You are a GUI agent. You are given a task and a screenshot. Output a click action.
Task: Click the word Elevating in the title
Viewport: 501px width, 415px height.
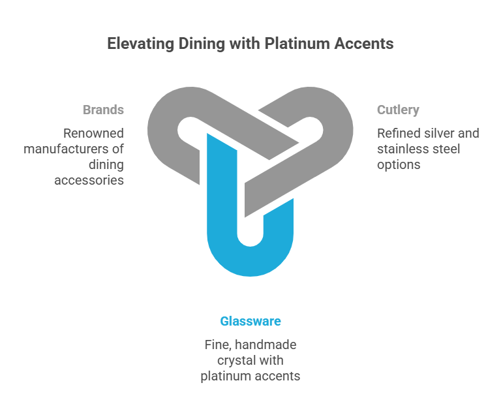(136, 44)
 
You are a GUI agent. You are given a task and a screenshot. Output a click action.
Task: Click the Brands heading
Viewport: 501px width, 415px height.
(103, 110)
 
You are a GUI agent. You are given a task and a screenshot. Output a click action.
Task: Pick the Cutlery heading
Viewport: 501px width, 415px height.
(398, 110)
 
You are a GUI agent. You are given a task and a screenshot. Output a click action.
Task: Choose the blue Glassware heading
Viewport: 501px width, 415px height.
(250, 321)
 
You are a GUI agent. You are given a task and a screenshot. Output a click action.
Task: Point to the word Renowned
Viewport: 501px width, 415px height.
(93, 133)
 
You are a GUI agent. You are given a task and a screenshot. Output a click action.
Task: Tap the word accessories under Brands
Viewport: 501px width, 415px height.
(89, 180)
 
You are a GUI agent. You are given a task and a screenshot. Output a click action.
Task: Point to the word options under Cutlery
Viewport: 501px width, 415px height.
(399, 164)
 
